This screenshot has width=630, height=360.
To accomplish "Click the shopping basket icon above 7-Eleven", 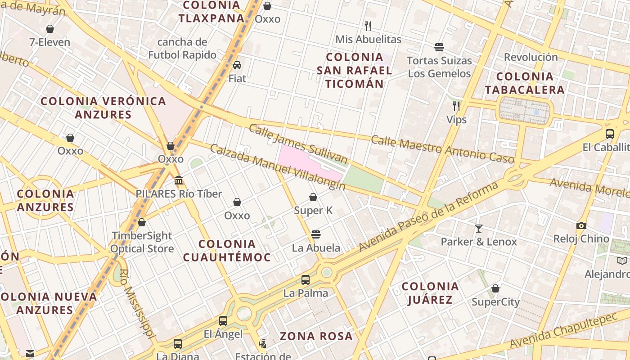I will point(50,29).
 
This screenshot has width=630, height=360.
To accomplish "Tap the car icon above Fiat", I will point(237,65).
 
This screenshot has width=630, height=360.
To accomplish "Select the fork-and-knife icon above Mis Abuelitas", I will point(368,26).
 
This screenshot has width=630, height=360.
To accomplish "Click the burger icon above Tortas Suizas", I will point(439,47).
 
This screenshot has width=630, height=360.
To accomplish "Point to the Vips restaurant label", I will point(456,120).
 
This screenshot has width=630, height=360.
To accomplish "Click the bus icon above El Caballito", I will point(610,134).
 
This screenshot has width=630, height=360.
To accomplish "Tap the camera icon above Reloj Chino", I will point(581,225).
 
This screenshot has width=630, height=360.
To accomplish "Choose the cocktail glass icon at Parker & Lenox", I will point(479,229).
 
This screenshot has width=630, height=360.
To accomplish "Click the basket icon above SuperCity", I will point(495,288).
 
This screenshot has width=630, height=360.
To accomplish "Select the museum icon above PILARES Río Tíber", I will point(179,180).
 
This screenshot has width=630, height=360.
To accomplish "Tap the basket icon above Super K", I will point(313,197).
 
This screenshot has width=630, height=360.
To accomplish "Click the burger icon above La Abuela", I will point(316,234).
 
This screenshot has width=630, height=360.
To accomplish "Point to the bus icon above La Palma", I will point(306,280).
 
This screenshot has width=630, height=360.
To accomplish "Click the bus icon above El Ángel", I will point(223,321).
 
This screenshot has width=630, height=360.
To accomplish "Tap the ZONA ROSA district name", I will point(316,336).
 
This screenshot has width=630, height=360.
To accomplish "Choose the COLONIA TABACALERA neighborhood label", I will point(524,83).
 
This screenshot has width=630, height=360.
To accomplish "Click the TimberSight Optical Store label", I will point(142,242).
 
